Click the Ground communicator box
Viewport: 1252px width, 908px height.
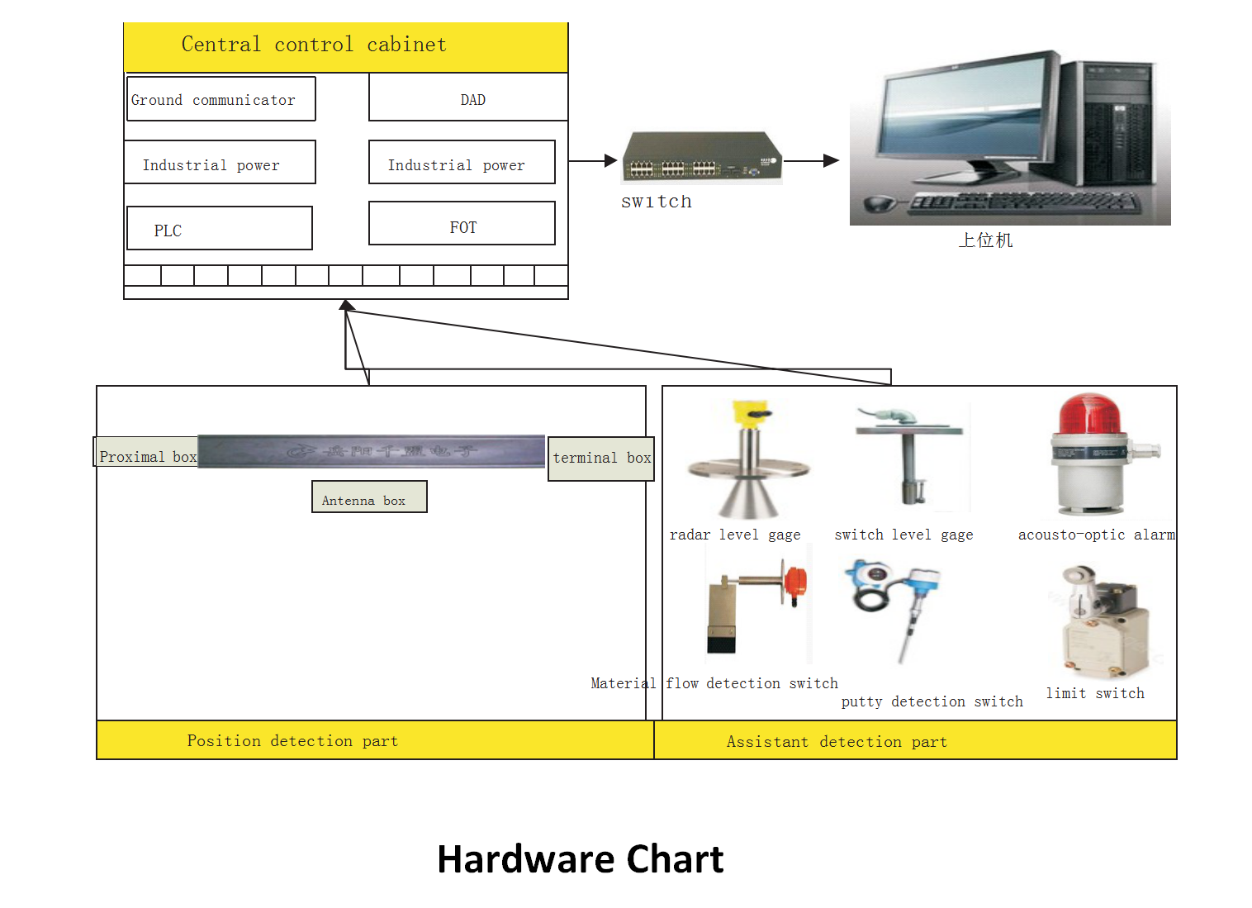(x=221, y=99)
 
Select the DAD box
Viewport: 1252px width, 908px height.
(x=468, y=99)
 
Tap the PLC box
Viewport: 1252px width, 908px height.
(x=219, y=229)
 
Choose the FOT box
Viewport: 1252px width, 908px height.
(x=462, y=224)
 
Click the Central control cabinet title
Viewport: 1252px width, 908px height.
(x=314, y=45)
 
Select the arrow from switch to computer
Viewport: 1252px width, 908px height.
(x=811, y=160)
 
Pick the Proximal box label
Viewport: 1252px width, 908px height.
(x=147, y=457)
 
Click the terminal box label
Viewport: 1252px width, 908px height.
(x=601, y=458)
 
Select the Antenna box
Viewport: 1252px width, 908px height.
(x=369, y=498)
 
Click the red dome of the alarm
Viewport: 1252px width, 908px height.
(x=1089, y=413)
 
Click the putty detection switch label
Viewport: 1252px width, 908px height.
(x=932, y=701)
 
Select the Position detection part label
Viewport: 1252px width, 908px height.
(x=292, y=741)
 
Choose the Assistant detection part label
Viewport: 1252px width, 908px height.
(x=837, y=742)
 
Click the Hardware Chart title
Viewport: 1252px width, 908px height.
(x=580, y=859)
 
